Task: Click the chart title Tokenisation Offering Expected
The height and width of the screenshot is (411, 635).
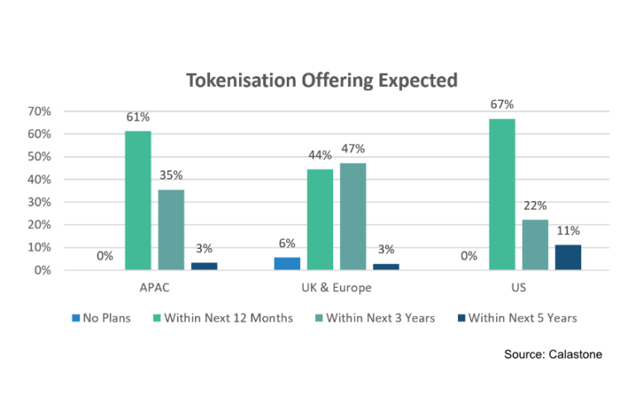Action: [321, 81]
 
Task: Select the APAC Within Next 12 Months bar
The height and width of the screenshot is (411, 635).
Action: [138, 201]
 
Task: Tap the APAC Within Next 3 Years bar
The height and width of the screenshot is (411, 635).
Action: [171, 230]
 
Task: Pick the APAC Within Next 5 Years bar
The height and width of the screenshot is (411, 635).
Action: [204, 266]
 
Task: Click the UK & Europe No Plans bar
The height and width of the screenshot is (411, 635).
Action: [287, 264]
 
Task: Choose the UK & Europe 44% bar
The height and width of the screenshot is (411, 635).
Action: [320, 220]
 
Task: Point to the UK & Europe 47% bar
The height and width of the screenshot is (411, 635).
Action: [353, 217]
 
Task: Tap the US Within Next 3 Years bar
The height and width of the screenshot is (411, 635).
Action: [535, 245]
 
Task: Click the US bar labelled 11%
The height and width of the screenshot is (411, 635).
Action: [568, 257]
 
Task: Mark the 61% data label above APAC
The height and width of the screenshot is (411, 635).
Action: [138, 117]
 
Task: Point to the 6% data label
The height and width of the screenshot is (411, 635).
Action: [287, 243]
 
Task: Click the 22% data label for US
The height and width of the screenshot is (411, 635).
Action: [535, 206]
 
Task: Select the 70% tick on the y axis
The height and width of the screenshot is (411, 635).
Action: [39, 112]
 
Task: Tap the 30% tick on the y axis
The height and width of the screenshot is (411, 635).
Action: [39, 202]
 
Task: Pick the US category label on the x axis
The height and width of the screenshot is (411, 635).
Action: [518, 288]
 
